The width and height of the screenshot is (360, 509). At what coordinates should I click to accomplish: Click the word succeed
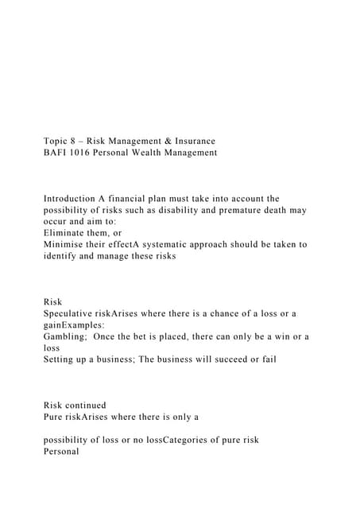pyautogui.click(x=234, y=359)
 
